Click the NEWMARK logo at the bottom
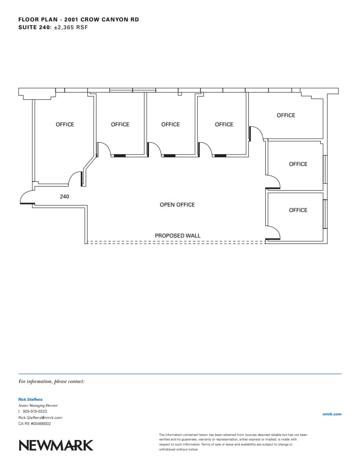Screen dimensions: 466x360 click(56, 445)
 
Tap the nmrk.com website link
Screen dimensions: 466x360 click(331, 414)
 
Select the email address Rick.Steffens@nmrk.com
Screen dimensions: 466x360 click(40, 417)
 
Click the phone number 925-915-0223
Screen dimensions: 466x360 click(35, 411)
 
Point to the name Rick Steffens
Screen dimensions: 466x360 click(30, 399)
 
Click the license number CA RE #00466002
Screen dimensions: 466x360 click(35, 424)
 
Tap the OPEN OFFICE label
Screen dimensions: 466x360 click(177, 205)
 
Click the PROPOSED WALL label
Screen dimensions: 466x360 click(177, 236)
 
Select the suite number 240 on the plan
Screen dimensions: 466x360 click(65, 197)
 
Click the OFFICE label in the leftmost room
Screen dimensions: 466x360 click(65, 124)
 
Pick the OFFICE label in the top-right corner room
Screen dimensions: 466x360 click(286, 115)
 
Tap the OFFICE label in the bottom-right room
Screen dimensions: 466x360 click(298, 210)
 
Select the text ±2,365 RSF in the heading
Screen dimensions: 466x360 click(71, 27)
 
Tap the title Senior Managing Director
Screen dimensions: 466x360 click(38, 405)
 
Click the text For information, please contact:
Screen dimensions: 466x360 click(51, 381)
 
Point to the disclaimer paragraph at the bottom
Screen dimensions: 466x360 click(233, 442)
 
